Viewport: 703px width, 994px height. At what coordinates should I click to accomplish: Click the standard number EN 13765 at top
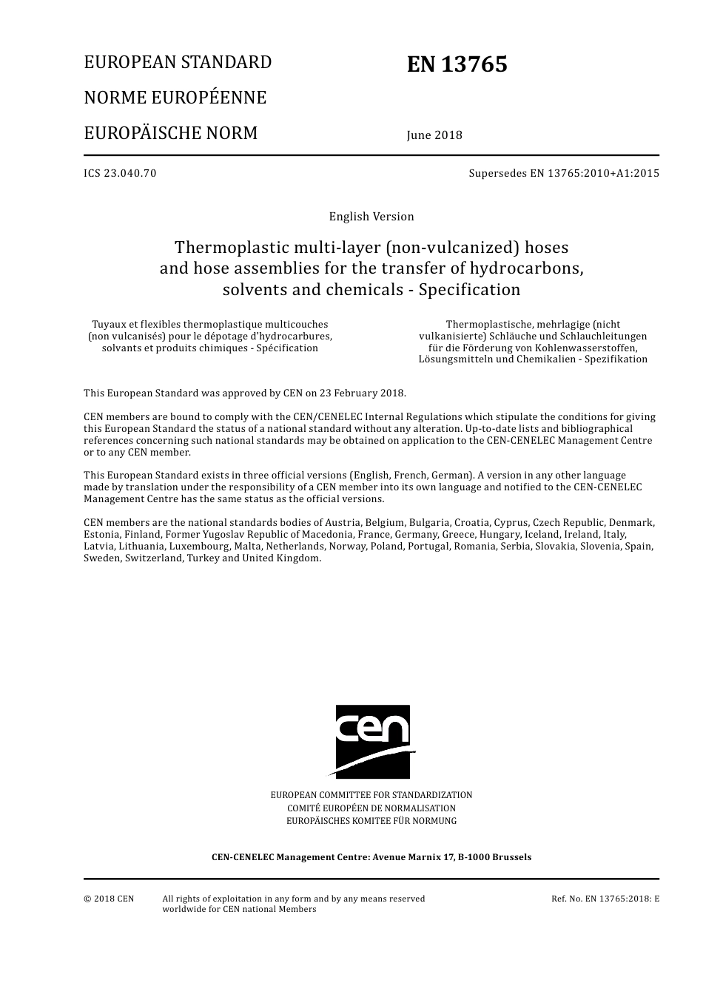pos(457,65)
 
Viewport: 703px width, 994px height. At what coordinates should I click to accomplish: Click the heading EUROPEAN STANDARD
pos(178,62)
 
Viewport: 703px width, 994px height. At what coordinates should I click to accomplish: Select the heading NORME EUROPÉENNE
pos(175,98)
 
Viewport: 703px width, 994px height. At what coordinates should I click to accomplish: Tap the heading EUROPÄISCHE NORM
pos(170,133)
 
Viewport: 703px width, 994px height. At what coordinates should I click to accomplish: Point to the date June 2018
pos(434,135)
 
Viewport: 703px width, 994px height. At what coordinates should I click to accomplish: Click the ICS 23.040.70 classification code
pos(120,174)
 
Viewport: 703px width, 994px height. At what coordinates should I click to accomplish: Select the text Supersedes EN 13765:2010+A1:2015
pos(563,174)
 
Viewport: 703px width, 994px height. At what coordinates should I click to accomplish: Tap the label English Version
pos(371,217)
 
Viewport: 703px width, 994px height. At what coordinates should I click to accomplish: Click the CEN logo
pos(373,741)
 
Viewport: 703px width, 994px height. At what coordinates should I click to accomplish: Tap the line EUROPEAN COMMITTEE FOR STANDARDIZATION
pos(371,795)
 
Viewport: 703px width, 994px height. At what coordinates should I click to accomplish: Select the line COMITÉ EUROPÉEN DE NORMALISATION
pos(371,808)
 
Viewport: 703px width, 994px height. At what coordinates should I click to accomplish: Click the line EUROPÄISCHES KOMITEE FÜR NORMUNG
pos(371,821)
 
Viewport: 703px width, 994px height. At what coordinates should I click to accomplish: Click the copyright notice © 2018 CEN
pos(109,899)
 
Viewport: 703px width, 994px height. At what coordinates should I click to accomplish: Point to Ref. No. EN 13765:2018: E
pos(605,899)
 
